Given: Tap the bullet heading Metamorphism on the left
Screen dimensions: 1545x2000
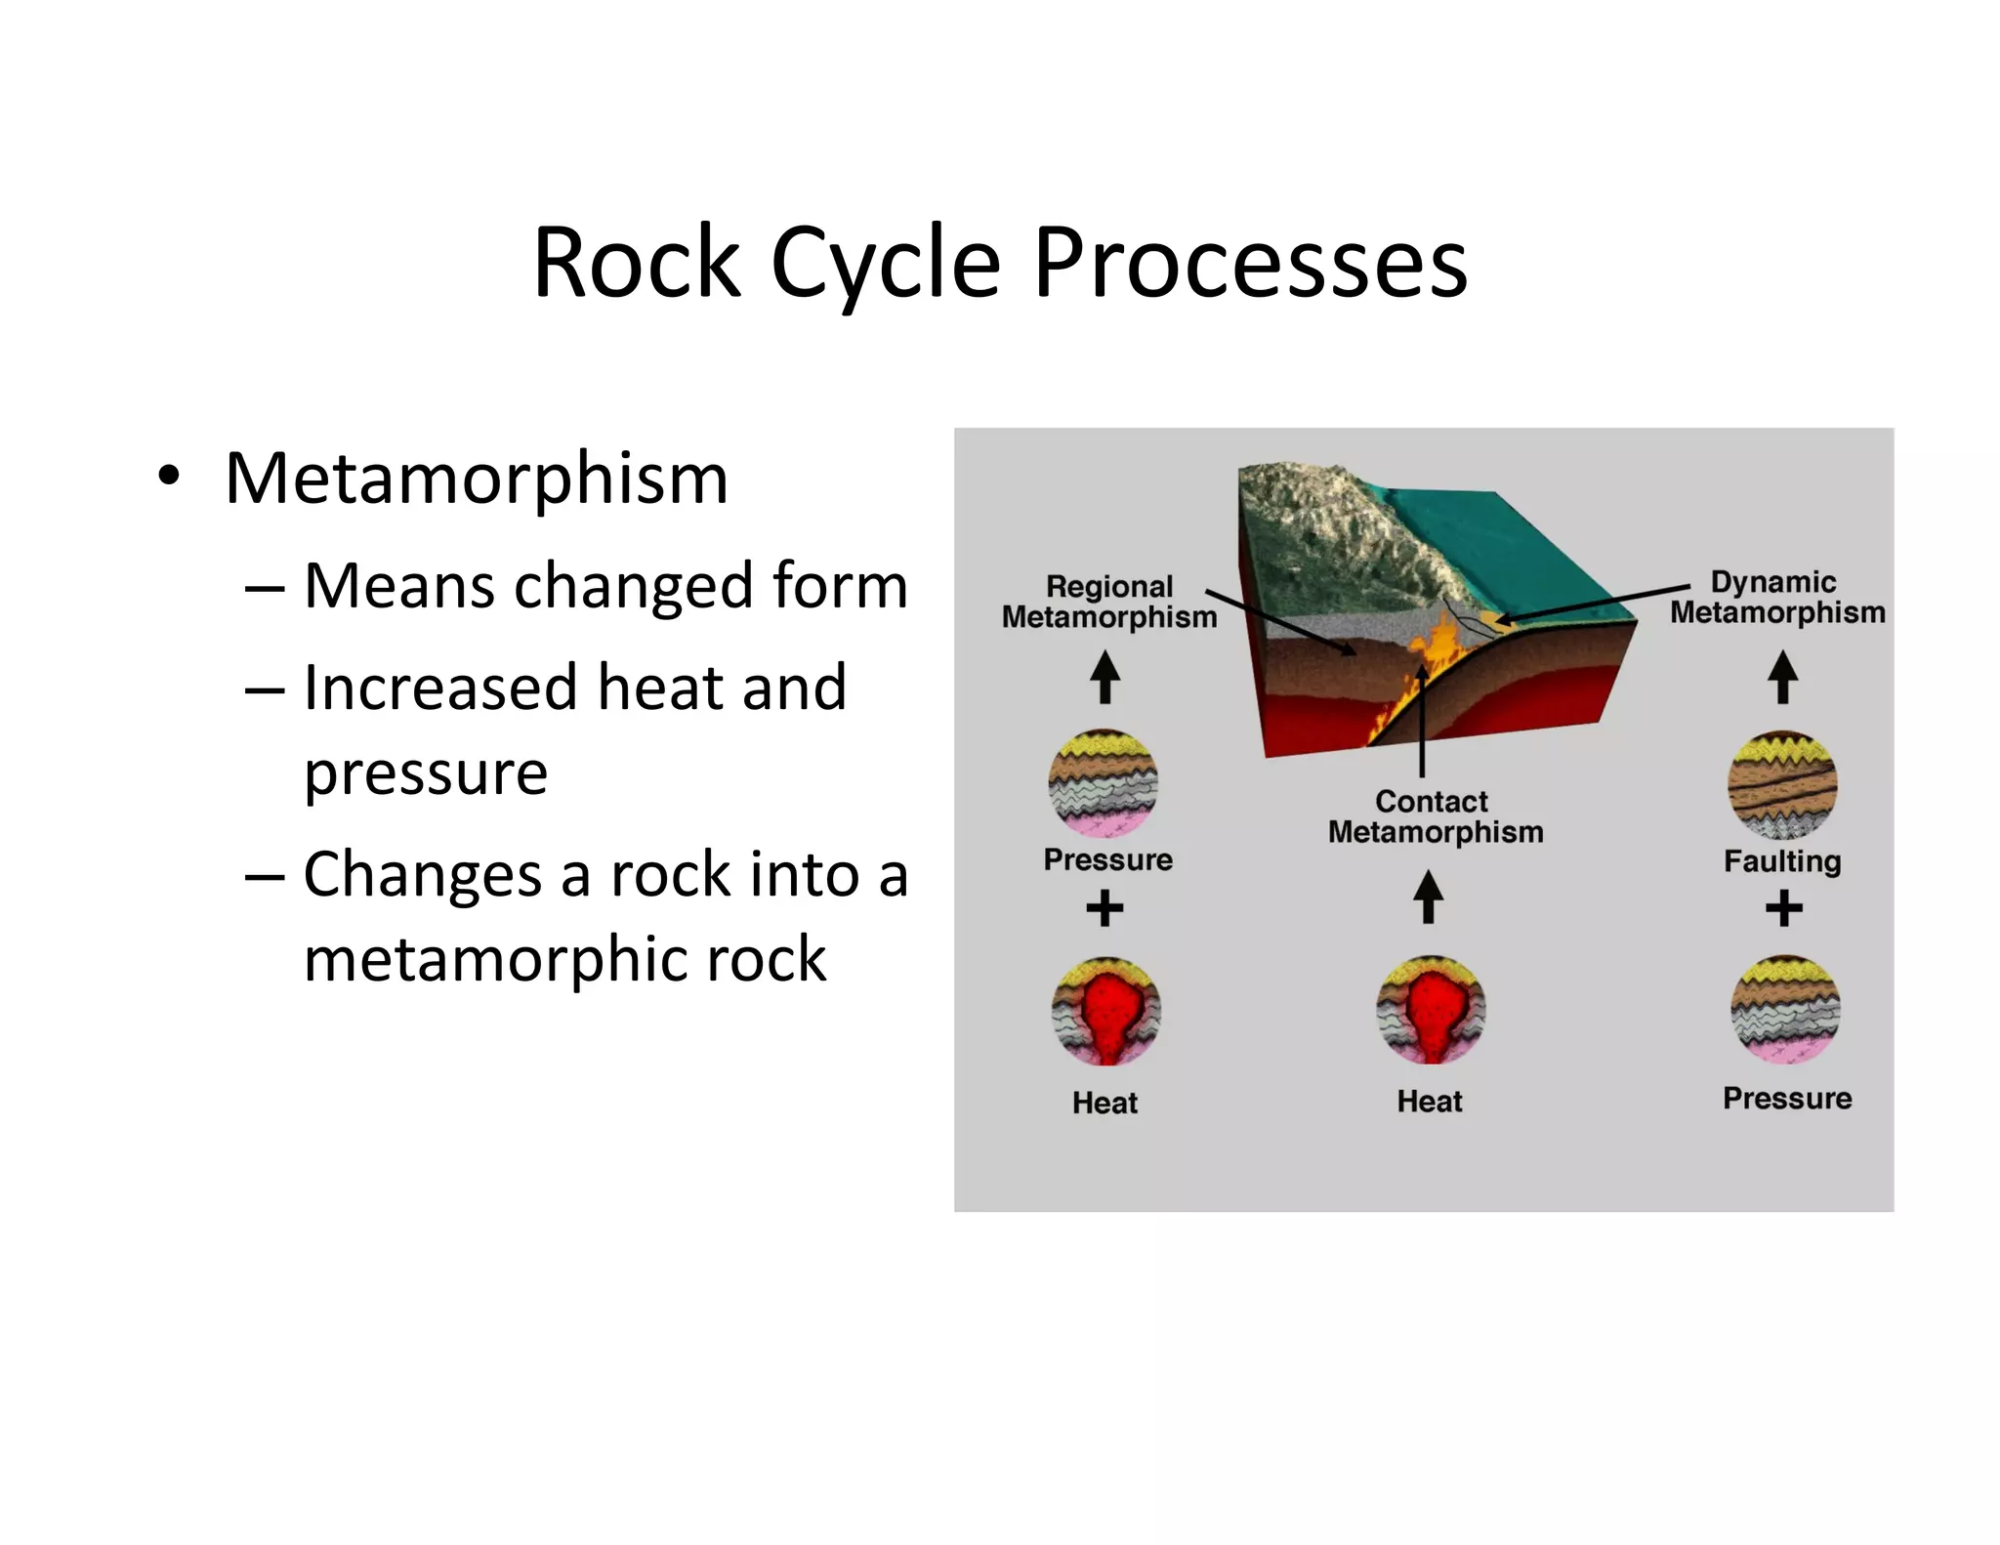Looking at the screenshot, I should coord(477,479).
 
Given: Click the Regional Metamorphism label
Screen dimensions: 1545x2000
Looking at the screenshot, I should coord(1109,602).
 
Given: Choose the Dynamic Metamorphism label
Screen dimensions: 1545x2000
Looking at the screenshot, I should coord(1776,597).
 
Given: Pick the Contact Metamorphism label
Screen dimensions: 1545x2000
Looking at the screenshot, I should coord(1435,816).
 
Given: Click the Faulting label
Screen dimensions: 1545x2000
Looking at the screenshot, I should coord(1782,861).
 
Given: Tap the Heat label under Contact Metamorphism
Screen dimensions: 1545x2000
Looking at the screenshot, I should coord(1430,1102).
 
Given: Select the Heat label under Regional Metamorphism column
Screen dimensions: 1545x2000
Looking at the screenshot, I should coord(1104,1103).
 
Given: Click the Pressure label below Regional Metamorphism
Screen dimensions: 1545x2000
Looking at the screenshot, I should coord(1107,859).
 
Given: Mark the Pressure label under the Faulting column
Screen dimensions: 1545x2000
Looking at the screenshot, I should coord(1787,1098).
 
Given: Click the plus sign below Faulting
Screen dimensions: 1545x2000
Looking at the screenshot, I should coord(1784,908).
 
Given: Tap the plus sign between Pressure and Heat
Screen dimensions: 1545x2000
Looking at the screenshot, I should coord(1104,908).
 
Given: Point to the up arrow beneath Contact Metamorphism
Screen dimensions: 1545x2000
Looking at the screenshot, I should coord(1429,896).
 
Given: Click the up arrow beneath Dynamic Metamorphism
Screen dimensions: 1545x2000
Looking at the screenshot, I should coord(1783,677).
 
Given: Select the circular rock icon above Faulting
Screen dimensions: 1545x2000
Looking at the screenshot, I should coord(1782,785).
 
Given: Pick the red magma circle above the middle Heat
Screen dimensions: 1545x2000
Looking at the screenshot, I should coord(1431,1010).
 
